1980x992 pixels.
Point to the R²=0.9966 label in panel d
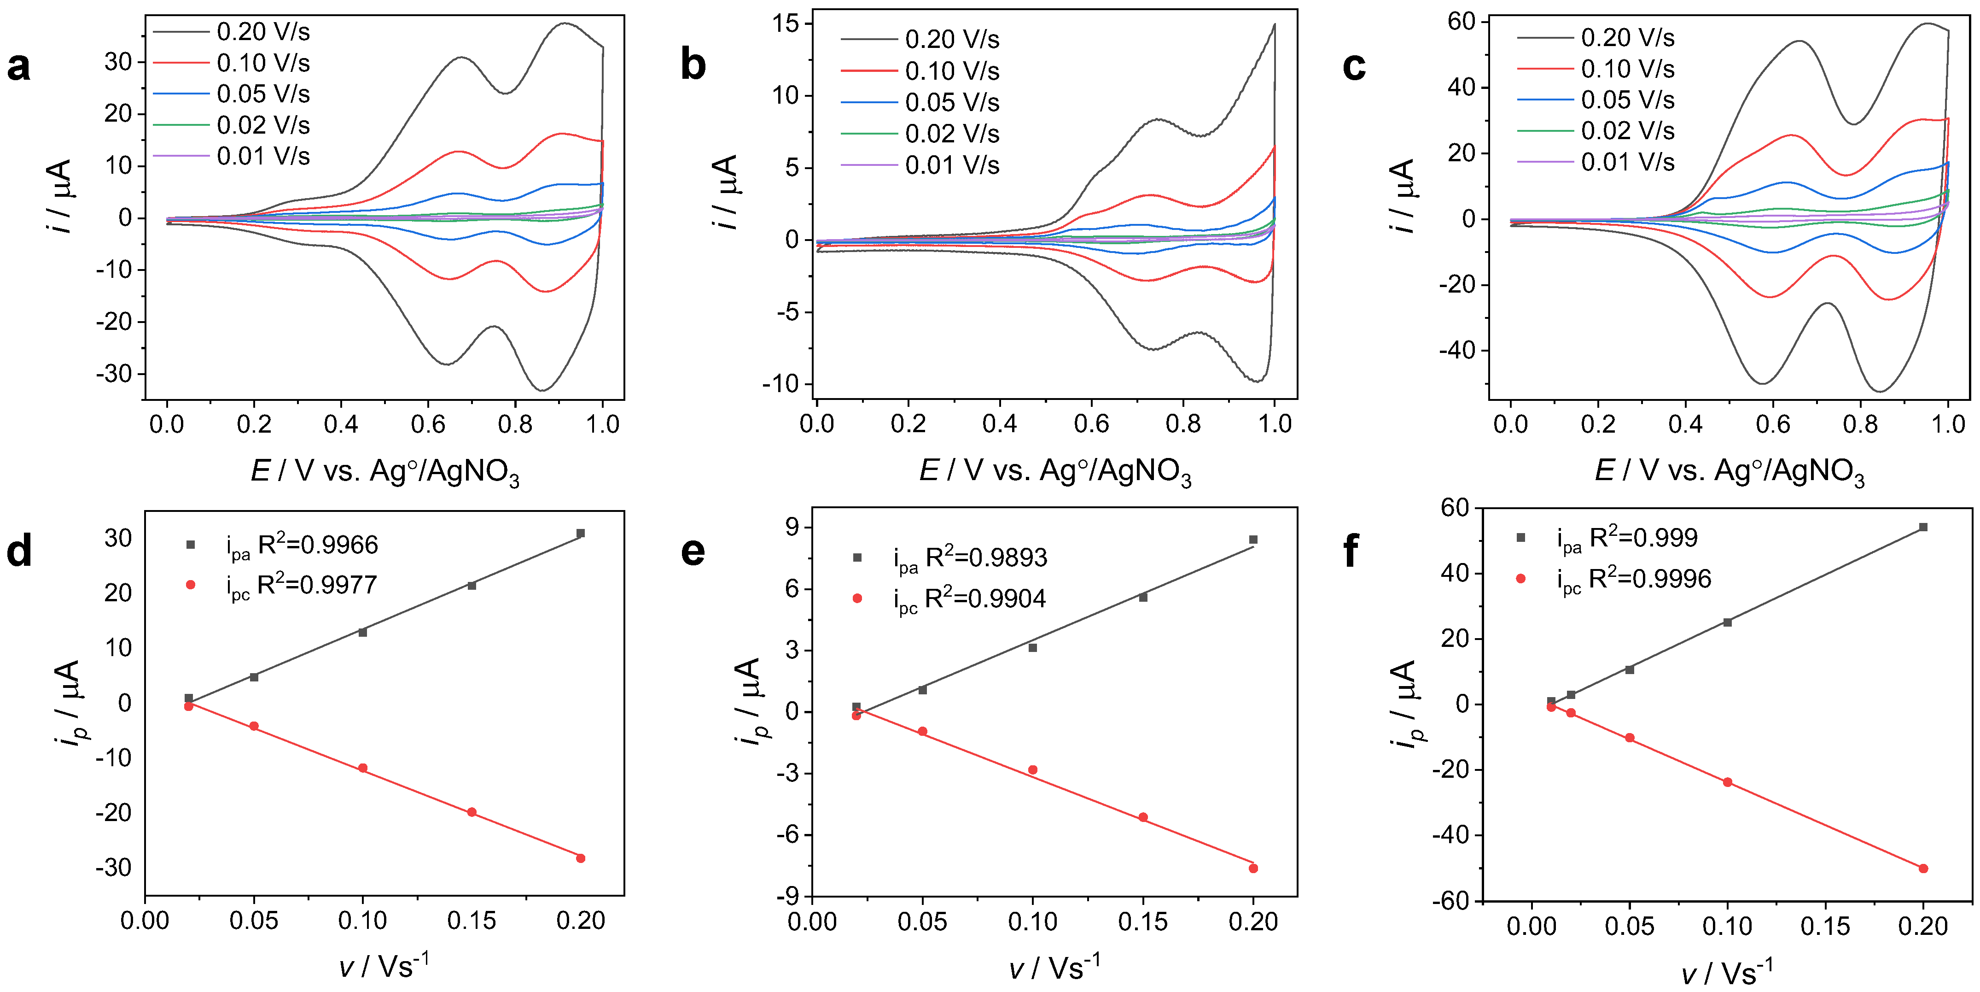[317, 545]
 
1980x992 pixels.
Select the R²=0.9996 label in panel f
[1649, 578]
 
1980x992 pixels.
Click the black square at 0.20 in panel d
[580, 533]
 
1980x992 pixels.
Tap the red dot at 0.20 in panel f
[1923, 868]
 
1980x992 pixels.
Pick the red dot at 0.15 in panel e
[1143, 817]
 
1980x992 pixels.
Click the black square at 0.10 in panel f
[1727, 622]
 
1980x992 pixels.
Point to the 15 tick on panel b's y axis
[786, 24]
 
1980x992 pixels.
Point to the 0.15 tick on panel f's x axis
[1825, 926]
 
